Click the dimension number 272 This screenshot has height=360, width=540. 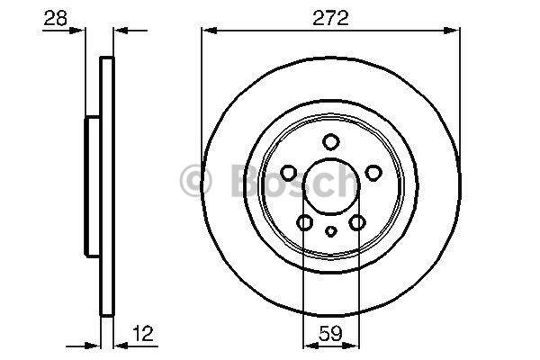[x=330, y=18]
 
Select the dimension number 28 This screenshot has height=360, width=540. [x=56, y=18]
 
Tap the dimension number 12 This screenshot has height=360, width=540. [x=143, y=333]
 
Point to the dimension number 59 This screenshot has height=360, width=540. [x=330, y=333]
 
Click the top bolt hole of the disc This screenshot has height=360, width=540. [x=331, y=142]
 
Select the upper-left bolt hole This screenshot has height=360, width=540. [x=288, y=173]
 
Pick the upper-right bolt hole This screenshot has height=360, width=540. [x=373, y=173]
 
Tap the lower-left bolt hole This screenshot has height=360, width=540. [x=305, y=222]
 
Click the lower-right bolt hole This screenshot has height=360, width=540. [x=357, y=222]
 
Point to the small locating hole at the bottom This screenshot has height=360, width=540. [x=331, y=231]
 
